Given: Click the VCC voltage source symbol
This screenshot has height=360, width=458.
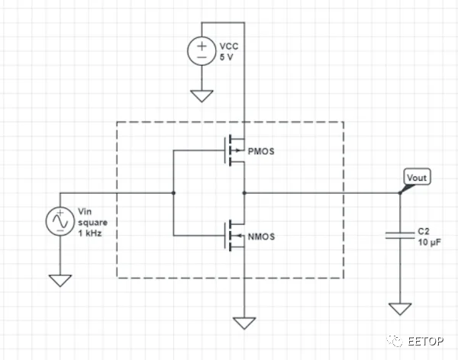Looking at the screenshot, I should [x=201, y=51].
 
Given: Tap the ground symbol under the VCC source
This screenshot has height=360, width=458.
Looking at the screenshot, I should [x=201, y=95].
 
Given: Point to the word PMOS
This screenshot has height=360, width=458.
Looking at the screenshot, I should [x=261, y=151].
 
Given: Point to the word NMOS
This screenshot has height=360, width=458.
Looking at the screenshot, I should [x=261, y=237].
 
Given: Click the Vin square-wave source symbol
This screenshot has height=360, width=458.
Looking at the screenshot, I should [x=59, y=221].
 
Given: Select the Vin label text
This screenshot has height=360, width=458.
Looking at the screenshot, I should [x=85, y=210].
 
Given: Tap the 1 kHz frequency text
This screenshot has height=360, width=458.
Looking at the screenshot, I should [x=89, y=232].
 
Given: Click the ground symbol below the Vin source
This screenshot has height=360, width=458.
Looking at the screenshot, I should [x=59, y=280].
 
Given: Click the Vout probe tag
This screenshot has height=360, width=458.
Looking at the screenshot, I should [x=417, y=178].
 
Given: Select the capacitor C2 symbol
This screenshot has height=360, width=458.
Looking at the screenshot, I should [x=400, y=236].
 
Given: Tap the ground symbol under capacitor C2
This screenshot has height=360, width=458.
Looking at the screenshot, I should [x=400, y=308].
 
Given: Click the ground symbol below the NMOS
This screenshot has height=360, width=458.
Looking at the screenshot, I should [x=244, y=322].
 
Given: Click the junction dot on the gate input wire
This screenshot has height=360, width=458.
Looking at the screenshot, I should [x=174, y=193].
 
